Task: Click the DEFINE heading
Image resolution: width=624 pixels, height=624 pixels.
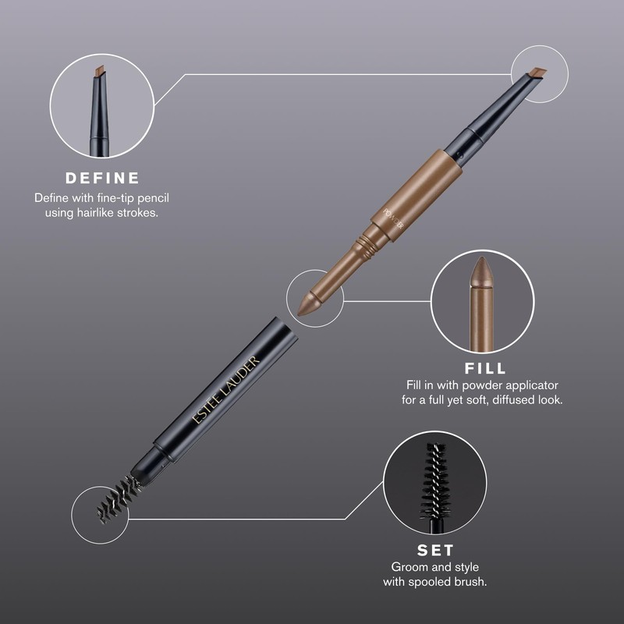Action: [102, 178]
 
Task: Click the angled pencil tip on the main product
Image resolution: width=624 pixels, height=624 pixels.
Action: [535, 75]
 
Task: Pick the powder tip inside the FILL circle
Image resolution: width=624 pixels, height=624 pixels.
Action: [481, 274]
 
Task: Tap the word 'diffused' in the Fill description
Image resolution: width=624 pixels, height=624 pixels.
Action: [519, 399]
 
